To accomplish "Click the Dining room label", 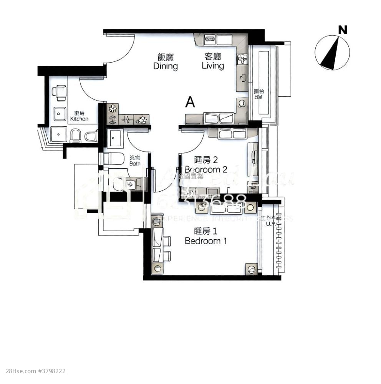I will tap(166, 62).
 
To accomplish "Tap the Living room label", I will tap(213, 61).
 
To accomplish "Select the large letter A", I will tap(190, 102).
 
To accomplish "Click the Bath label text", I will tap(135, 161).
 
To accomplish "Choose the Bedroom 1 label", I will tap(206, 236).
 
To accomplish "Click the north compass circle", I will tap(332, 53).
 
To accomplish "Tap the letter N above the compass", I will tap(343, 30).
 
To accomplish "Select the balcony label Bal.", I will tap(258, 94).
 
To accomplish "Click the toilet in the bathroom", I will tap(114, 158).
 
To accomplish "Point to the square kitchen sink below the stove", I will tap(60, 114).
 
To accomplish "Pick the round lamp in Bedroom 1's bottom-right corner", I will tap(251, 270).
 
